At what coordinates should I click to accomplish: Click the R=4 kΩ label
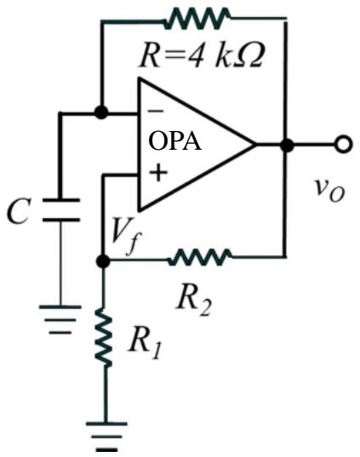pyautogui.click(x=202, y=56)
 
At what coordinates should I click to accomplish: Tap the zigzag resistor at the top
pyautogui.click(x=197, y=19)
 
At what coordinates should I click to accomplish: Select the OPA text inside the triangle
pyautogui.click(x=175, y=141)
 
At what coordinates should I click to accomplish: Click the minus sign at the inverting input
pyautogui.click(x=156, y=111)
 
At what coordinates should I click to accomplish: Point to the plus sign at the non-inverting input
pyautogui.click(x=157, y=173)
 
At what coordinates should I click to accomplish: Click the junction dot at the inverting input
pyautogui.click(x=101, y=112)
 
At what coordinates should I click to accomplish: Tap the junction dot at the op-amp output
pyautogui.click(x=287, y=145)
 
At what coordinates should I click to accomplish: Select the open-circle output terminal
pyautogui.click(x=343, y=145)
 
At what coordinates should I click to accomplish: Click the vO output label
pyautogui.click(x=329, y=190)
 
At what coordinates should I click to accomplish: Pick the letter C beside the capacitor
pyautogui.click(x=19, y=211)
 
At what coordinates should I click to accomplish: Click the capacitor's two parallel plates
pyautogui.click(x=61, y=210)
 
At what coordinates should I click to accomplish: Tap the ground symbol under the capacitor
pyautogui.click(x=60, y=319)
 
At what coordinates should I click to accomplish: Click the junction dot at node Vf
pyautogui.click(x=103, y=261)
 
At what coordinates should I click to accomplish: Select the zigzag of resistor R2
pyautogui.click(x=201, y=257)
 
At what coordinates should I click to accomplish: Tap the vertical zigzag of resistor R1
pyautogui.click(x=104, y=337)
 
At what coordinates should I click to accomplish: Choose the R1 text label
pyautogui.click(x=145, y=341)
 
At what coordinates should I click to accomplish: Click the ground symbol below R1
pyautogui.click(x=106, y=437)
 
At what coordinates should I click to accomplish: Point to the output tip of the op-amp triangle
pyautogui.click(x=256, y=145)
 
